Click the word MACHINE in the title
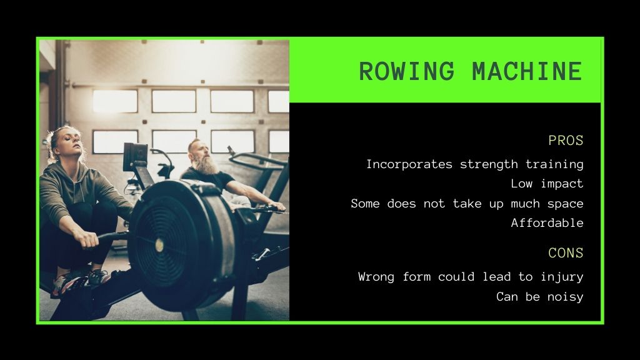pos(527,71)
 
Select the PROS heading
pos(566,141)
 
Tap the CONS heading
pos(566,253)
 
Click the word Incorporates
pos(409,164)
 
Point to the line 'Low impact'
pos(547,184)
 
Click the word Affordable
pos(547,223)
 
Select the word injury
pos(562,277)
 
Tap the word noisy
pos(565,297)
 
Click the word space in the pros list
pos(565,204)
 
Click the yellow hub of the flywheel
pos(159,245)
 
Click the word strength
pos(489,164)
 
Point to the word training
pos(554,165)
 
